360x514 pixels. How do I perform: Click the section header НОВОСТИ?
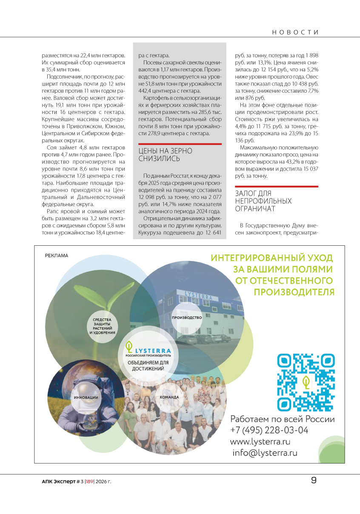295,32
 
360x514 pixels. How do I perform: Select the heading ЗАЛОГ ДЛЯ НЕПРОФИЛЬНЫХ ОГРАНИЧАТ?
263,201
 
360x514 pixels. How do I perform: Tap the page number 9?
314,480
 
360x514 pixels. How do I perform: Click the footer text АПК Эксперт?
58,481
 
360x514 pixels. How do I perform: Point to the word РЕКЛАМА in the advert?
57,256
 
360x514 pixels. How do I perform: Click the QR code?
306,382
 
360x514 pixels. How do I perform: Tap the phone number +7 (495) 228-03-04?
269,430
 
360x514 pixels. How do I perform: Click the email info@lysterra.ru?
265,453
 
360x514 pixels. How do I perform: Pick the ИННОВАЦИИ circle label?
86,397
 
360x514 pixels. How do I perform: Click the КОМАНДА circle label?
169,397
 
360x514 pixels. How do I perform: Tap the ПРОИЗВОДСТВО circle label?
187,318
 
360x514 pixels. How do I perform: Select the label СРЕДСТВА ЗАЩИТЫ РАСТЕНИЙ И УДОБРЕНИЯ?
103,326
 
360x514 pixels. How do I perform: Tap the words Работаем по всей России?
282,419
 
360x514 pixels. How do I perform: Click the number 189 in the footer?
89,481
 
